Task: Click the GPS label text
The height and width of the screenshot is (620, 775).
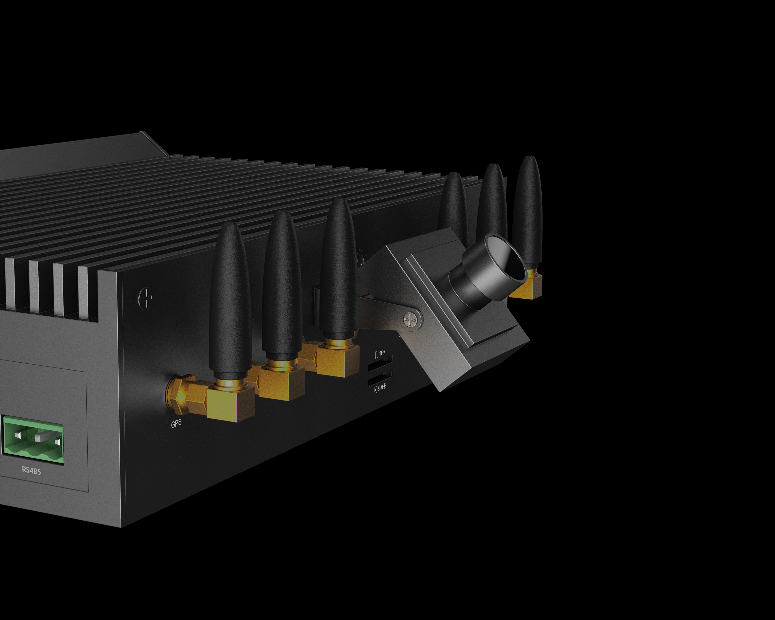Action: tap(176, 424)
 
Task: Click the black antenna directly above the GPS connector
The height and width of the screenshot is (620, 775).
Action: tap(230, 302)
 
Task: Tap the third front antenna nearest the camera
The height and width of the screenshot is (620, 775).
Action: tap(338, 270)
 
